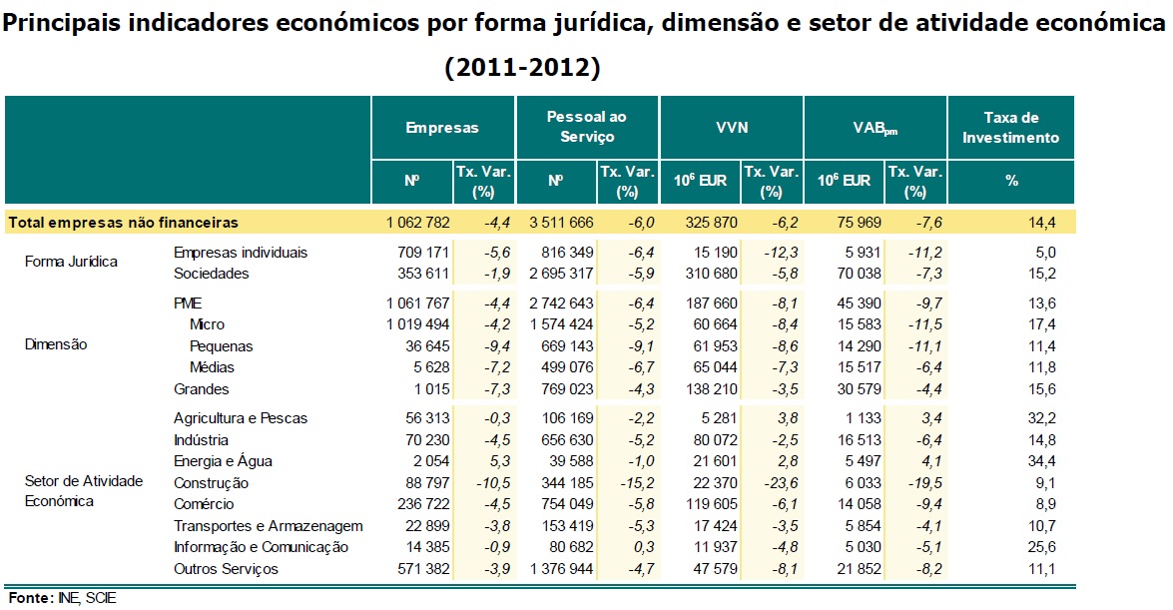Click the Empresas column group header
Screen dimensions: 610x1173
pyautogui.click(x=442, y=128)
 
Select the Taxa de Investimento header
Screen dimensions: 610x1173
pyautogui.click(x=1010, y=128)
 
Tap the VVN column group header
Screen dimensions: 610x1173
pyautogui.click(x=731, y=128)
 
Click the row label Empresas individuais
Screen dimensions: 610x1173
pyautogui.click(x=240, y=253)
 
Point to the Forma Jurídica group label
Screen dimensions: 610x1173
pyautogui.click(x=71, y=263)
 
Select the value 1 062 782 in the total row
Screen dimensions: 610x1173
pyautogui.click(x=411, y=223)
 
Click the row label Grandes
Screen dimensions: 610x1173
pyautogui.click(x=201, y=389)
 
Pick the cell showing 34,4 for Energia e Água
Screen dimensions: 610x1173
pyautogui.click(x=1041, y=461)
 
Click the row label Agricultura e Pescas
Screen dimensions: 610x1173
pyautogui.click(x=240, y=418)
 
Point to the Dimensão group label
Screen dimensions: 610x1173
pyautogui.click(x=55, y=344)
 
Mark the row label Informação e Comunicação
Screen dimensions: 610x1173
pyautogui.click(x=261, y=547)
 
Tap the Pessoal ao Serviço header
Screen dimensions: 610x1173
pyautogui.click(x=587, y=127)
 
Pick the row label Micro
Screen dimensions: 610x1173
pyautogui.click(x=207, y=324)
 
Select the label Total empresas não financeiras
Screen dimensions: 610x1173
pyautogui.click(x=123, y=223)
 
